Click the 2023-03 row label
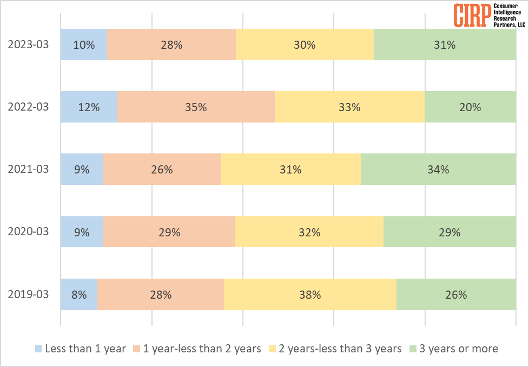tap(28, 44)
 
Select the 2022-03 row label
tap(28, 107)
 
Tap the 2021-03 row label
tap(28, 169)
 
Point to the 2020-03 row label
tap(28, 231)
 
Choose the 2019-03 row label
tap(28, 294)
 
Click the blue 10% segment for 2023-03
tap(84, 44)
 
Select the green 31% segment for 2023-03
tap(445, 44)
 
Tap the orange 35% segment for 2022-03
tap(196, 107)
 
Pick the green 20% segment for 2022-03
tap(470, 107)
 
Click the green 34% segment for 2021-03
tap(438, 169)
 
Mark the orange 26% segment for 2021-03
tap(161, 169)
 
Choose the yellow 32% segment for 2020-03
tap(309, 232)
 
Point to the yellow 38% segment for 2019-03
tap(310, 294)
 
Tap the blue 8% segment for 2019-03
tap(79, 294)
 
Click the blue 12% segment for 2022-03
tap(89, 107)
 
